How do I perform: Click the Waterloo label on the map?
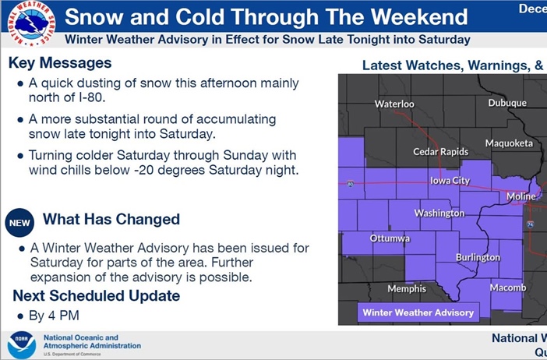(x=394, y=104)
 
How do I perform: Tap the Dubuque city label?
(x=507, y=103)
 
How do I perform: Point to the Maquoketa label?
(x=509, y=143)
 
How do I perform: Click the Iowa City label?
(x=450, y=181)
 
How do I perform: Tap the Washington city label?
(x=439, y=213)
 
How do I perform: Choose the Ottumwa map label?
(x=390, y=238)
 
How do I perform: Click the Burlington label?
(x=478, y=257)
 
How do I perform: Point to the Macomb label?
(x=507, y=288)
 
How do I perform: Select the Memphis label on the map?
(x=407, y=288)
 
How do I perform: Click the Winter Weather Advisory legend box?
(x=418, y=312)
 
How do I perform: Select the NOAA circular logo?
(x=21, y=344)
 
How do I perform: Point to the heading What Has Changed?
(x=111, y=219)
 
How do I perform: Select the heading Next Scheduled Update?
(x=96, y=295)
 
